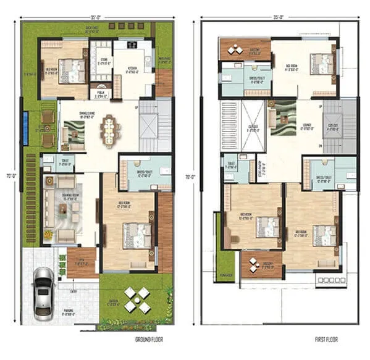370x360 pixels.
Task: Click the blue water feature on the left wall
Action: [25, 128]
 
